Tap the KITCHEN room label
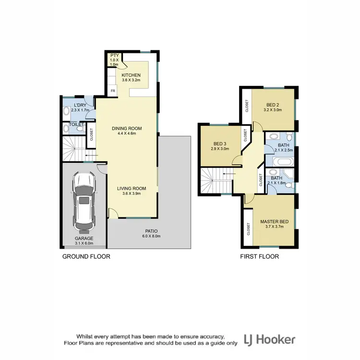tap(131, 75)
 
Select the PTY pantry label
tap(114, 56)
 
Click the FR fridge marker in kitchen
tap(113, 90)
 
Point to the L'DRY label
tap(80, 105)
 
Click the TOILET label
tap(76, 124)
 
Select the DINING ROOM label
tap(127, 128)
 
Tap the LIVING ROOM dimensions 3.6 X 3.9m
tap(131, 194)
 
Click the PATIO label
tap(149, 231)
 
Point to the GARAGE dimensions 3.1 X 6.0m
tap(84, 244)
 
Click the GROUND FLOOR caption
tap(86, 257)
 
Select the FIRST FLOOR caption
tap(259, 257)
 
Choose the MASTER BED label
tap(273, 222)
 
